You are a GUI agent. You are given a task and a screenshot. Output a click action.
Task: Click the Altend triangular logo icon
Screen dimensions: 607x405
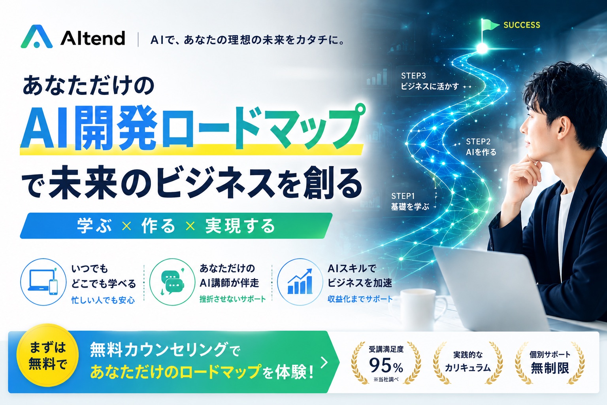click(x=37, y=37)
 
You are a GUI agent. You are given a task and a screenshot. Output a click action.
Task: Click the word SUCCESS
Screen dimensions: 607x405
click(x=522, y=25)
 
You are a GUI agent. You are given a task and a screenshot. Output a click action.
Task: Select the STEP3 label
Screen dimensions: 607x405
click(x=413, y=76)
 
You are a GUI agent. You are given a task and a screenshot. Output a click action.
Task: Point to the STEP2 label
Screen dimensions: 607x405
click(x=478, y=141)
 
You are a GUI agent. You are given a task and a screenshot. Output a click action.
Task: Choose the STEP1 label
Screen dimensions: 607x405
click(x=403, y=196)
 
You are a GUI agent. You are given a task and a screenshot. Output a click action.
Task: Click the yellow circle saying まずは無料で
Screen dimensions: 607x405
click(x=48, y=355)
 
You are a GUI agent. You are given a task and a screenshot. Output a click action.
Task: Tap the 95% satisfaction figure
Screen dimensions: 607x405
click(x=386, y=365)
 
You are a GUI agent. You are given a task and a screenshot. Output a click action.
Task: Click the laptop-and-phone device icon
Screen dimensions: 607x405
click(x=43, y=282)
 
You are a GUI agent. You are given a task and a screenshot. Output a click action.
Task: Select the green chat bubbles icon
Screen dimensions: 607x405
click(x=172, y=282)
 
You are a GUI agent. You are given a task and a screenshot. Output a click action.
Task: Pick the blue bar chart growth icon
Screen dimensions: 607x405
click(x=300, y=282)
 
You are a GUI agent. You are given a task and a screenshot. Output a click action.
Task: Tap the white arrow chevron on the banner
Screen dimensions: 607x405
click(x=324, y=362)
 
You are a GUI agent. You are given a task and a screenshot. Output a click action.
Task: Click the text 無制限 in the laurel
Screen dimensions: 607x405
click(x=550, y=368)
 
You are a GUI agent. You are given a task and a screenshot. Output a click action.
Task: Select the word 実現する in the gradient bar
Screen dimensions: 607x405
click(x=240, y=226)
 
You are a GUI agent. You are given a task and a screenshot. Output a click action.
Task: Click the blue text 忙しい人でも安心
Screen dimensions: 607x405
click(x=103, y=300)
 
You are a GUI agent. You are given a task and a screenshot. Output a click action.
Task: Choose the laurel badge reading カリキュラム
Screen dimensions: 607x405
click(x=468, y=363)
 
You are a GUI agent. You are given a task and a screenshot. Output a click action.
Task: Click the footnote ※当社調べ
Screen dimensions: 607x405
click(x=386, y=380)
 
